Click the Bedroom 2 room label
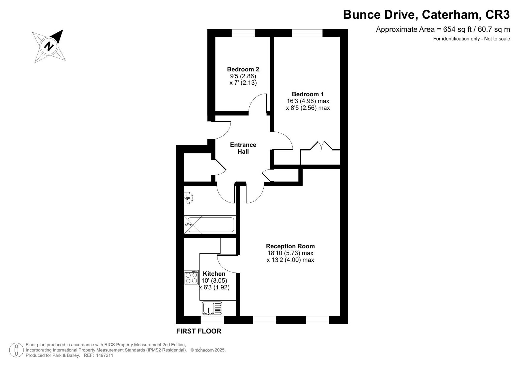tap(243, 69)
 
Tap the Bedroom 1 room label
tap(308, 94)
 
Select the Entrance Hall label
tap(243, 148)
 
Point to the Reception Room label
tap(290, 246)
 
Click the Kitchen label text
tap(214, 274)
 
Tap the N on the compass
tap(49, 46)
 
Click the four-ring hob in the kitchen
tap(191, 277)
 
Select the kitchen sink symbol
tap(212, 308)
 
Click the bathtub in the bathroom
tap(210, 225)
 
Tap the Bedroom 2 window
tap(243, 33)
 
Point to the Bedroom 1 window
tap(307, 33)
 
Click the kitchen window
tap(212, 320)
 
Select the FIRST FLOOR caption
tap(199, 331)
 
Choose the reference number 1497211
tap(105, 355)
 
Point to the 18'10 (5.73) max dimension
tap(290, 253)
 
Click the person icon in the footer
tap(16, 350)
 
